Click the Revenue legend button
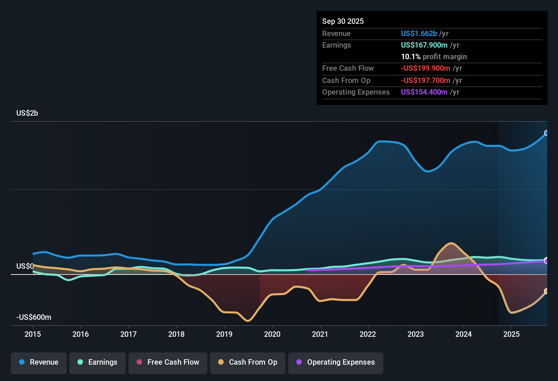click(x=38, y=362)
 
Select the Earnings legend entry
click(x=97, y=362)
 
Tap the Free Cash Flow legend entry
click(x=168, y=362)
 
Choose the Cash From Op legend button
click(x=247, y=362)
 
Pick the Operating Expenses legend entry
click(x=335, y=362)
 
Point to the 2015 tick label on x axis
click(x=33, y=334)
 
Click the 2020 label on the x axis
click(x=272, y=334)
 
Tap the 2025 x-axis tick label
click(x=511, y=334)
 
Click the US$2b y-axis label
click(x=27, y=113)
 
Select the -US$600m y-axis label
click(x=34, y=317)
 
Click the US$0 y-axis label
click(x=25, y=266)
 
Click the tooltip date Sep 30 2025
click(x=343, y=21)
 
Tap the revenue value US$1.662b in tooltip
click(x=419, y=34)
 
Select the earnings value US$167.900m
click(x=424, y=45)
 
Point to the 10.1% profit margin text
click(x=434, y=57)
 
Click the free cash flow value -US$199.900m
click(x=425, y=68)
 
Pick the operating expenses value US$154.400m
click(x=424, y=92)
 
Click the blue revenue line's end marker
click(x=546, y=133)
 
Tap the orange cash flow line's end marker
click(x=546, y=291)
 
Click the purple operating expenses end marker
click(x=546, y=261)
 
